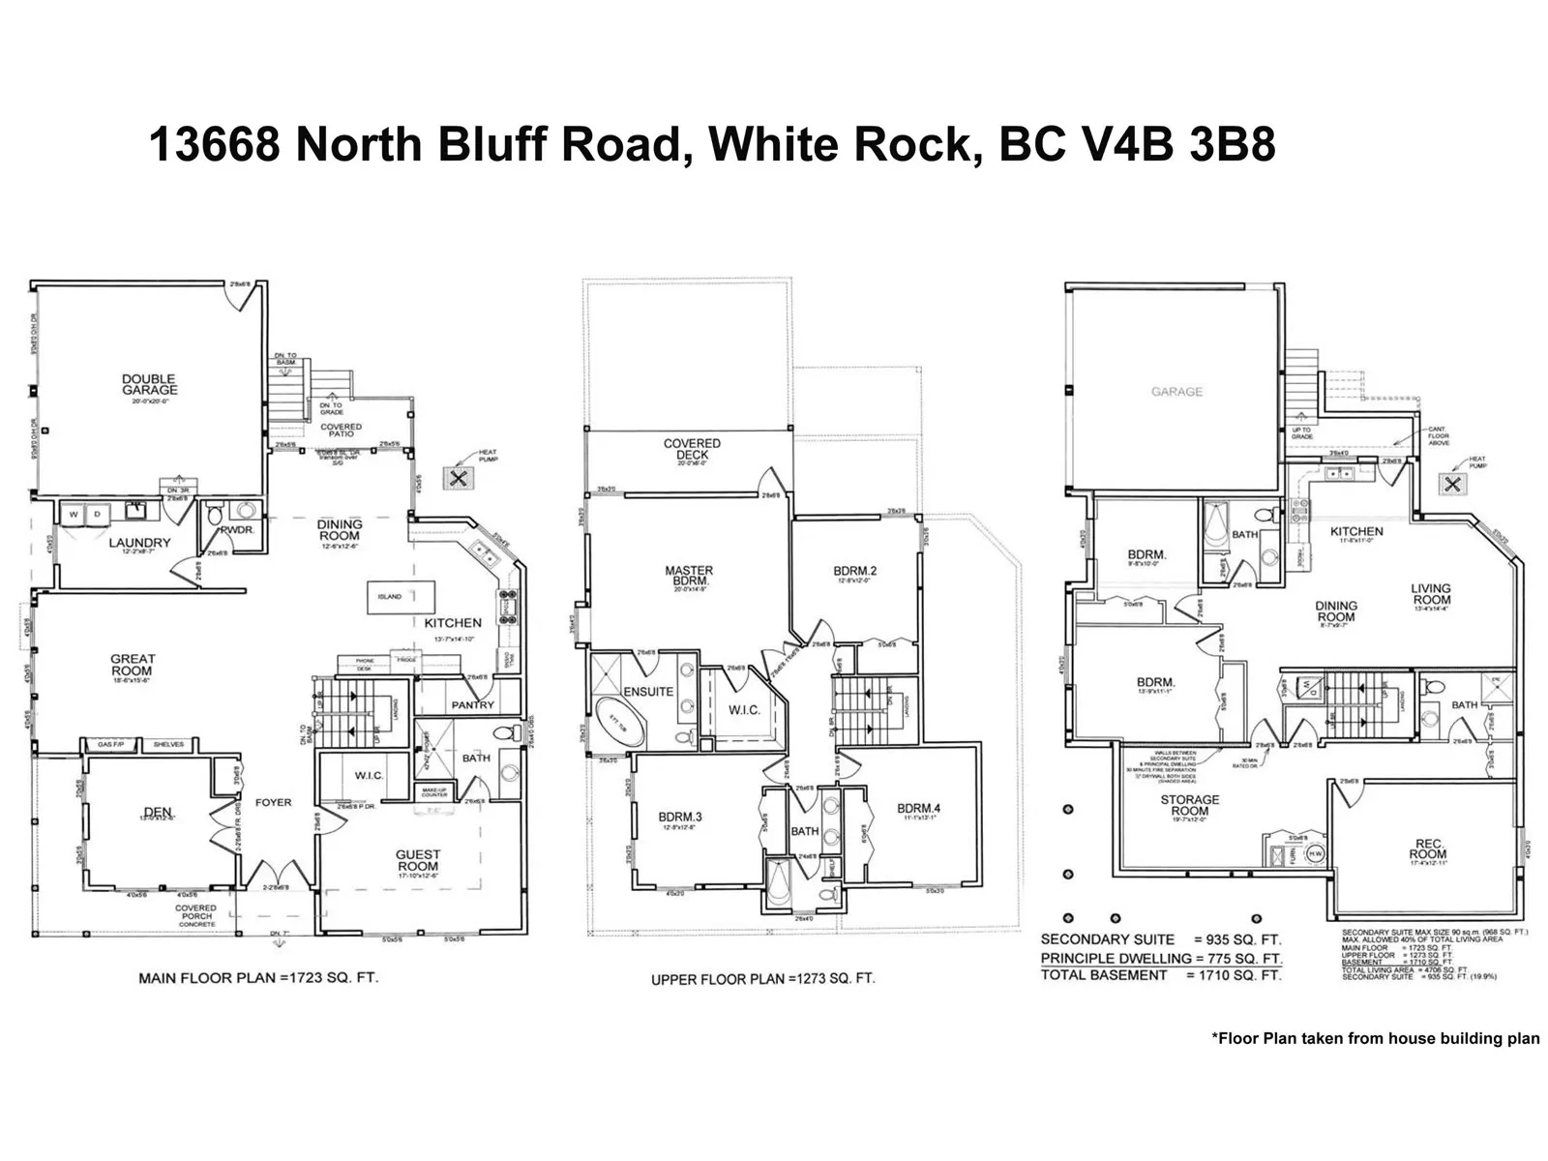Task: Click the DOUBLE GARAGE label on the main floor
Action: coord(149,385)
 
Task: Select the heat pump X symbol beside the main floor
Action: coord(458,478)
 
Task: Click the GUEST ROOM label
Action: coord(418,860)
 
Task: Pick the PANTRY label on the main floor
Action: coord(472,705)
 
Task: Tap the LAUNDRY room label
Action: coord(139,543)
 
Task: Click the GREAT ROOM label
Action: coord(132,665)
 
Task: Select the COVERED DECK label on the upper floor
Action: coord(692,449)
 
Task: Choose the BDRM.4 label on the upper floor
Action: coord(918,809)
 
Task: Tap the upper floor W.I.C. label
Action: coord(744,710)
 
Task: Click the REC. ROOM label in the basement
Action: coord(1428,848)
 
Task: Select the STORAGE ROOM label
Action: coord(1190,806)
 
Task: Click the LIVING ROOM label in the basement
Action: coord(1431,594)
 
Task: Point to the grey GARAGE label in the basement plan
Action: coord(1177,392)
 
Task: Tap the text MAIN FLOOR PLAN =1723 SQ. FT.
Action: coord(258,978)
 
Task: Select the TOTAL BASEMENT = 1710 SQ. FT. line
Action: coord(1160,975)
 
